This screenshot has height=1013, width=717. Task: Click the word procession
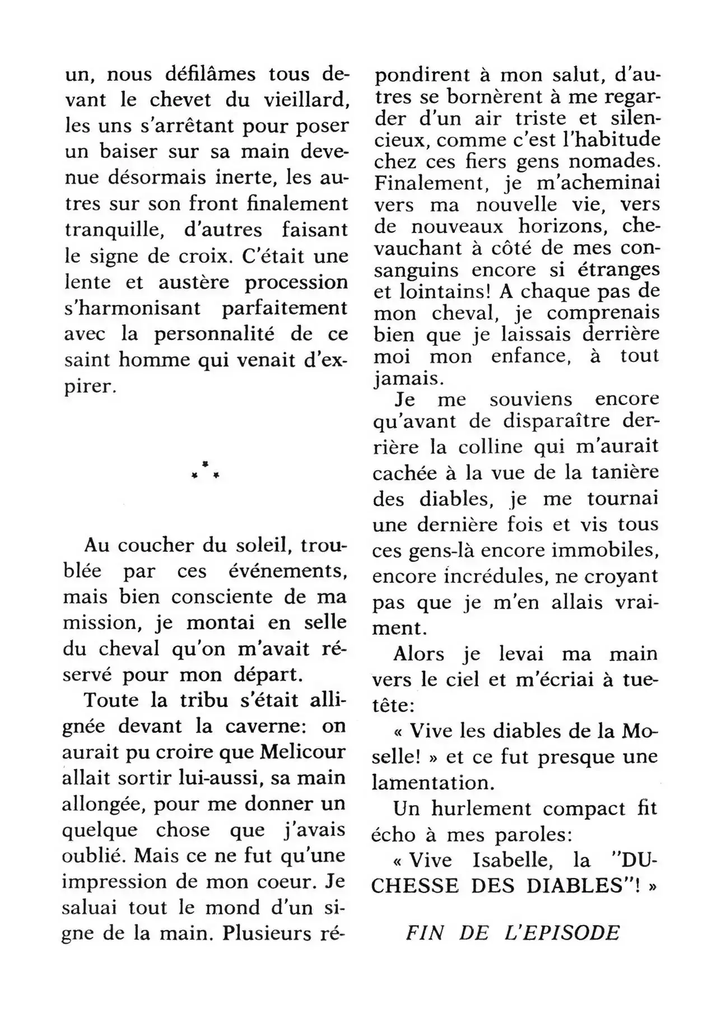click(296, 282)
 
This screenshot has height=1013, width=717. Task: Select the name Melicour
click(303, 752)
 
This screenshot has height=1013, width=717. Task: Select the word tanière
click(625, 473)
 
